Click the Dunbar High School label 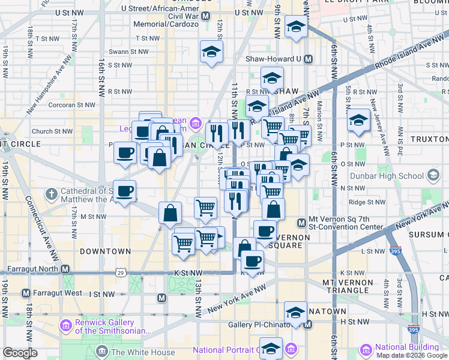click(394, 176)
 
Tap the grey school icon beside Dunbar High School click(433, 176)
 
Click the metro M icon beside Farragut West click(26, 293)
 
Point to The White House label click(143, 352)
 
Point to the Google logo click(20, 352)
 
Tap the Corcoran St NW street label click(73, 104)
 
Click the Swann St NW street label click(128, 52)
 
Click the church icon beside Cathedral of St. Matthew click(52, 194)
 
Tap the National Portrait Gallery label click(225, 350)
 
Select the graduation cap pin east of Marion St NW click(358, 119)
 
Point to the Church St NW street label click(51, 131)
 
